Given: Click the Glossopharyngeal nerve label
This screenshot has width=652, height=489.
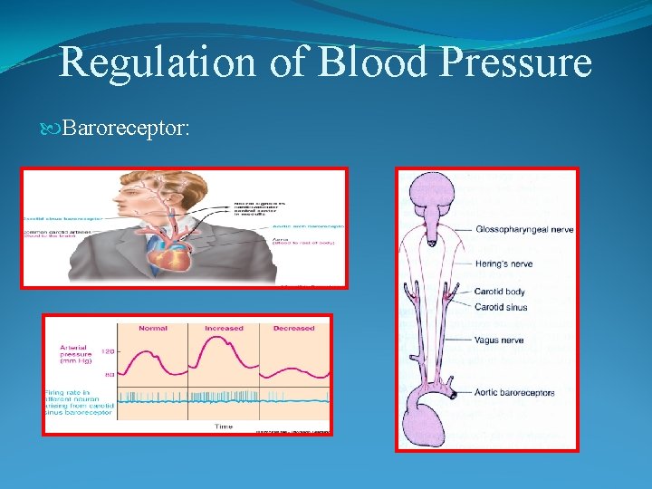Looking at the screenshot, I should (x=524, y=230).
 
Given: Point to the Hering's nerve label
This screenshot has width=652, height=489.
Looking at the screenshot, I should (x=503, y=264).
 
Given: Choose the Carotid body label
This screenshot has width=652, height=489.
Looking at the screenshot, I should (x=500, y=292).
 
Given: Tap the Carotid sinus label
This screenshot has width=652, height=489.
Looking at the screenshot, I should (x=501, y=307).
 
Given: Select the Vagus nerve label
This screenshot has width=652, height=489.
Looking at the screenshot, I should (x=498, y=340).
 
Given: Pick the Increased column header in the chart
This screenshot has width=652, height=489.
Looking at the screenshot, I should (x=224, y=328).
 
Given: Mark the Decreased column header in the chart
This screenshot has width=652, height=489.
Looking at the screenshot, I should (x=293, y=328).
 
